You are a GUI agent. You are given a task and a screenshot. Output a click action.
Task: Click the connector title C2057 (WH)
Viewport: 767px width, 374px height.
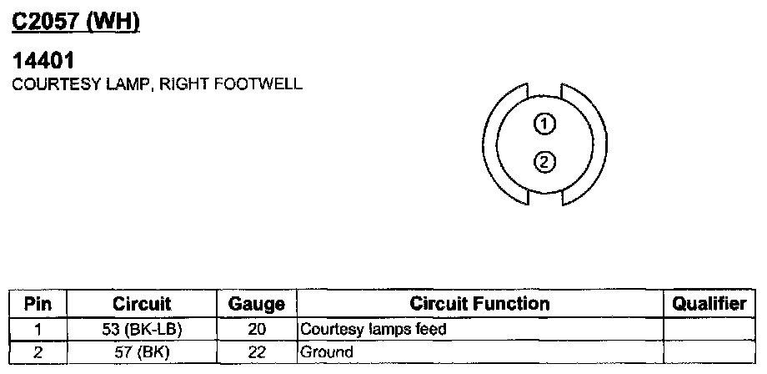[x=74, y=23]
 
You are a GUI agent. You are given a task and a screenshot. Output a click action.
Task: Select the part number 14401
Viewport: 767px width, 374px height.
[x=43, y=62]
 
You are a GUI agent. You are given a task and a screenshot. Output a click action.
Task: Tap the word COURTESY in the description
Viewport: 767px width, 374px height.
[x=46, y=84]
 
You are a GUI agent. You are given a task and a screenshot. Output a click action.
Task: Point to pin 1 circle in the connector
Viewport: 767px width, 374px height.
[x=544, y=125]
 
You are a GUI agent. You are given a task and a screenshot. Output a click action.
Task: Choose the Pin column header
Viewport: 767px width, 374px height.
[x=38, y=304]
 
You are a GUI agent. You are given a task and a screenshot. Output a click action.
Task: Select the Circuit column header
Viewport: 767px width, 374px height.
[x=142, y=304]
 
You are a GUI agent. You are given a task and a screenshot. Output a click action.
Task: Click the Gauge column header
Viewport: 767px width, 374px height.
[x=256, y=305]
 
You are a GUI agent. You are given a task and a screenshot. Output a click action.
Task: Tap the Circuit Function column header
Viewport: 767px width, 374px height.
[x=479, y=304]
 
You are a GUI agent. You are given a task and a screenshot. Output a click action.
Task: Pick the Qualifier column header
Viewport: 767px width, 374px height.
[x=709, y=304]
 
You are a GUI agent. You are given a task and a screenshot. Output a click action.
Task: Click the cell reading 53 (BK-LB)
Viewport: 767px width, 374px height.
[x=142, y=329]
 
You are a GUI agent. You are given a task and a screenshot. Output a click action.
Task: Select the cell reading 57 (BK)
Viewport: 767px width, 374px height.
[x=142, y=352]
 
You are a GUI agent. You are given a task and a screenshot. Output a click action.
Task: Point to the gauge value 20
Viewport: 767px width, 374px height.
[x=256, y=329]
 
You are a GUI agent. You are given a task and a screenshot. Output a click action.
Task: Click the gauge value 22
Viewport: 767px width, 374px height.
[x=256, y=352]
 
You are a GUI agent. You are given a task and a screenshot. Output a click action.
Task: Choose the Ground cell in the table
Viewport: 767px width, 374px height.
[x=326, y=352]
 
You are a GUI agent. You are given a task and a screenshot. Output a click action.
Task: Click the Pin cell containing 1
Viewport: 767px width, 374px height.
[x=38, y=329]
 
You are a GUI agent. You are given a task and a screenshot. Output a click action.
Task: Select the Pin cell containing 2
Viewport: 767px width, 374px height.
[x=38, y=352]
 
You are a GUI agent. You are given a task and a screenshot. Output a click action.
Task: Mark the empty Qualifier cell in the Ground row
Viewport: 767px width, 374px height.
[x=709, y=352]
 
